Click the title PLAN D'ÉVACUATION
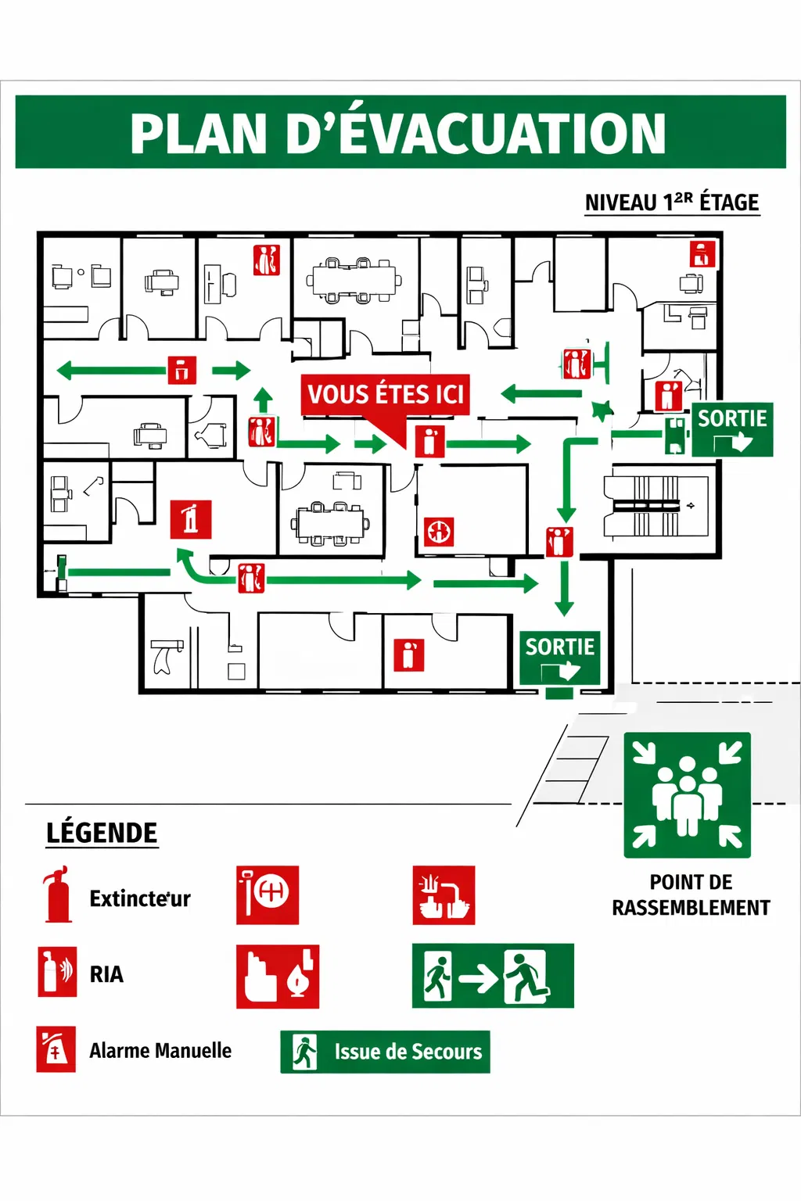[399, 133]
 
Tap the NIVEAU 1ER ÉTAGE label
[672, 203]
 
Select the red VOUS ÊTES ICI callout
[386, 395]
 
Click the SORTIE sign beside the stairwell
[732, 429]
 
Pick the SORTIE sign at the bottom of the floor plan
[560, 658]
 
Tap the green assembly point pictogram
[687, 794]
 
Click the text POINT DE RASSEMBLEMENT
[691, 895]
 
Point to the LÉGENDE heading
[102, 834]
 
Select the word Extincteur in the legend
[140, 899]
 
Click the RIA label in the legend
[106, 974]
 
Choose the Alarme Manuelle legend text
[160, 1051]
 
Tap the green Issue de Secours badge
[385, 1052]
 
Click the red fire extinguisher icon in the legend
[57, 894]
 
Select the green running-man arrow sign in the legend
[493, 976]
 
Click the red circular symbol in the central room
[439, 532]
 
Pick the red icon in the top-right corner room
[702, 254]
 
